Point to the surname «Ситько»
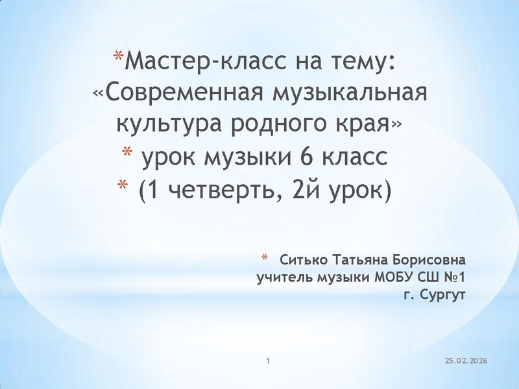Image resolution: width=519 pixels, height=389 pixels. click(304, 261)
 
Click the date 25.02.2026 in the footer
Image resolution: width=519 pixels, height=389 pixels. click(466, 360)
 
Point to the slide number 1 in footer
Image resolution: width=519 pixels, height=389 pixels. click(269, 359)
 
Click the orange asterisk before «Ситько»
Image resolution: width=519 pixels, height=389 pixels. click(265, 260)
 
